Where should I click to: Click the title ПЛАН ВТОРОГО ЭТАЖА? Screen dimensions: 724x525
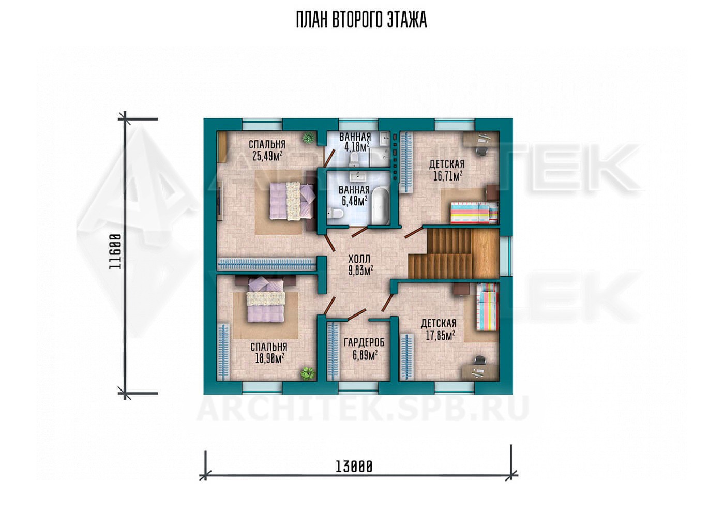pyautogui.click(x=361, y=20)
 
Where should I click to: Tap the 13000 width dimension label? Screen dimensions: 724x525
pyautogui.click(x=354, y=467)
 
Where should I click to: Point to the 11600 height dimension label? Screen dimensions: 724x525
pyautogui.click(x=115, y=252)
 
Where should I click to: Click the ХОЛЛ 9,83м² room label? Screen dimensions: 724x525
pyautogui.click(x=361, y=264)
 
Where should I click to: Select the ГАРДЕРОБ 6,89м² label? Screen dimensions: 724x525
pyautogui.click(x=364, y=349)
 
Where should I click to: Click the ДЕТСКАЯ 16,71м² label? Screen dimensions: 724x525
pyautogui.click(x=447, y=170)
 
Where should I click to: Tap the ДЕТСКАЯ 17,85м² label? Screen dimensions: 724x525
pyautogui.click(x=439, y=329)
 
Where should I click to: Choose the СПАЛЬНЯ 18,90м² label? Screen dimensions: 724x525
pyautogui.click(x=269, y=353)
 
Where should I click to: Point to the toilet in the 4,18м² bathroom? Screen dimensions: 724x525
pyautogui.click(x=354, y=159)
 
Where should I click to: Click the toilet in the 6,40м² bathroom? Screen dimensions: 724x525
pyautogui.click(x=335, y=214)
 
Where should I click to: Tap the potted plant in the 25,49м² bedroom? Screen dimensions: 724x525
pyautogui.click(x=309, y=138)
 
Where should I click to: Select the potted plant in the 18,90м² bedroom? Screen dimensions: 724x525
pyautogui.click(x=307, y=373)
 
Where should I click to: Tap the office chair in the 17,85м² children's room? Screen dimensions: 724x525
pyautogui.click(x=480, y=361)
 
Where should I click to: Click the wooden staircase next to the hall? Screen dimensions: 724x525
pyautogui.click(x=454, y=252)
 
